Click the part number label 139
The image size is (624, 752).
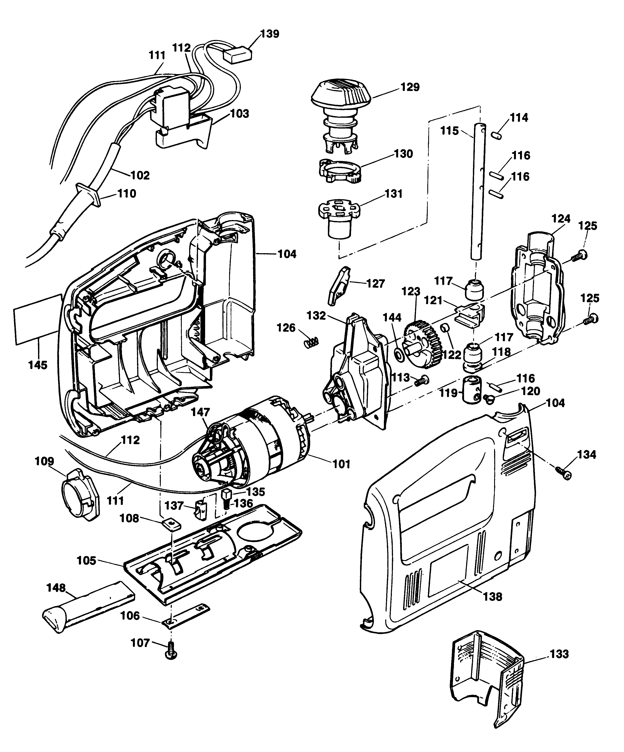point(269,34)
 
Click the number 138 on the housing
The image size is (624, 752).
point(493,597)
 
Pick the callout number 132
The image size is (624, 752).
point(316,315)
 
